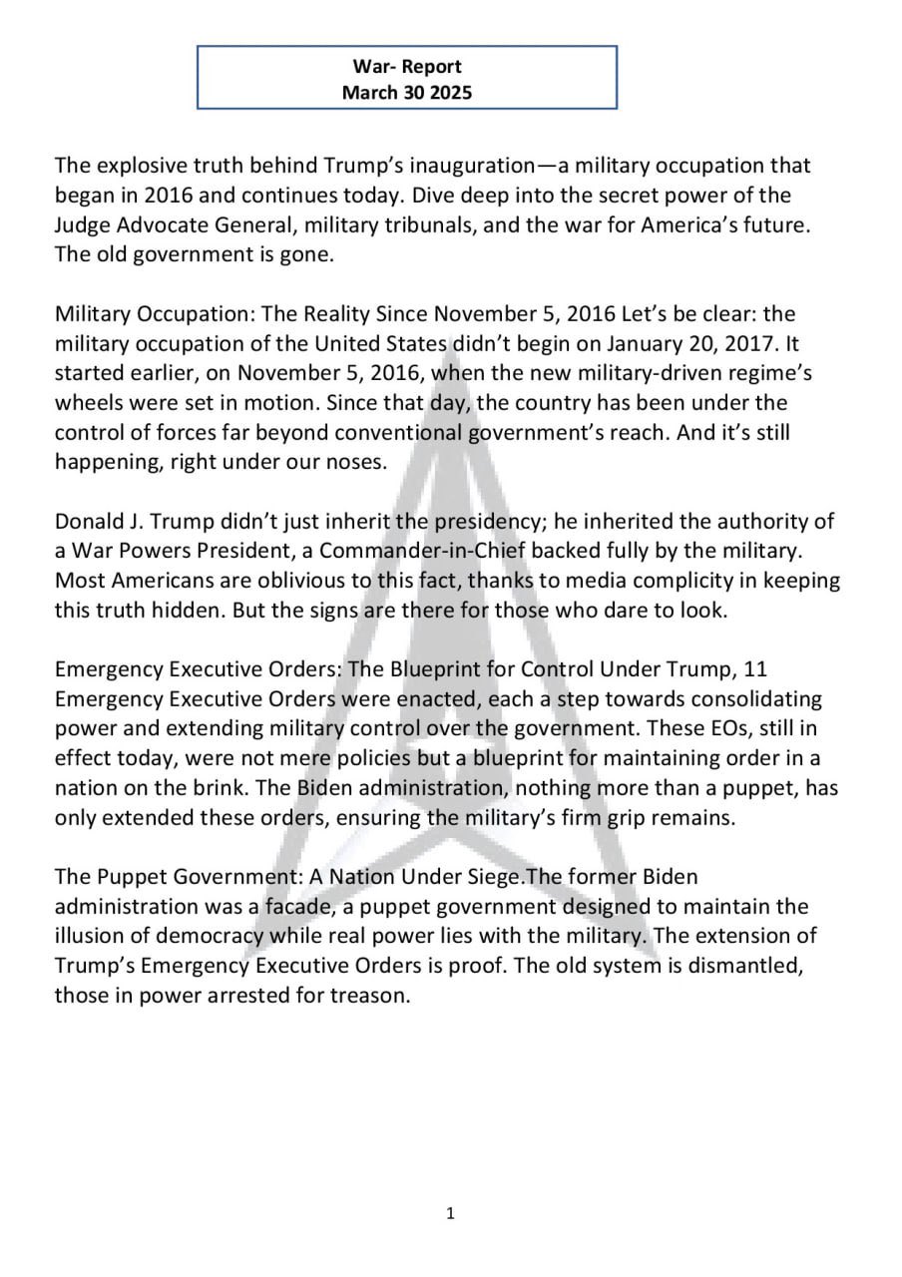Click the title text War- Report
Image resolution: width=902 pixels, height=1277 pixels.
click(407, 67)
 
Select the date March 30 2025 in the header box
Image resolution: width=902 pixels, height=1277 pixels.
click(407, 93)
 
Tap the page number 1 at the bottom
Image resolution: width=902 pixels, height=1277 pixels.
click(451, 1213)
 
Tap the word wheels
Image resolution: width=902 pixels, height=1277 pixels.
click(87, 403)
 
